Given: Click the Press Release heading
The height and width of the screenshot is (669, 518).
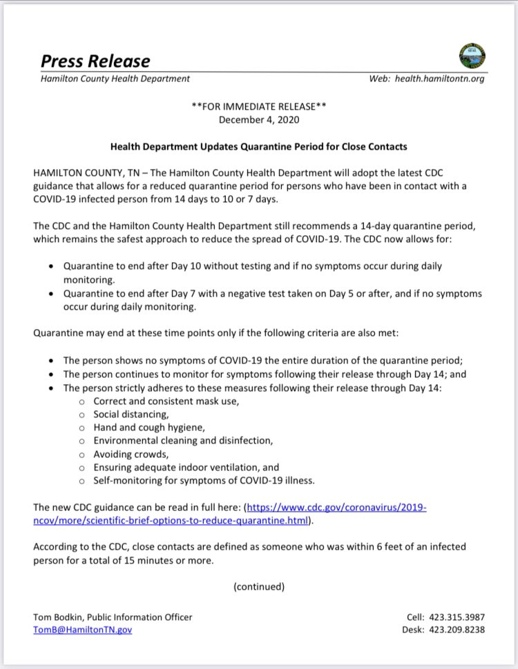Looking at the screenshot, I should click(95, 61).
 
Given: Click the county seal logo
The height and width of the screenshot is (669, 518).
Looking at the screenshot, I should click(472, 55).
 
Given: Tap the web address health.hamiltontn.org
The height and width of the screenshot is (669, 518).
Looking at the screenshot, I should click(437, 79).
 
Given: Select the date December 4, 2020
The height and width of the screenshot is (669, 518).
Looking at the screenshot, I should click(259, 119).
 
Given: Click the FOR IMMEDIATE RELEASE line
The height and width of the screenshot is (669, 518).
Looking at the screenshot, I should click(259, 107).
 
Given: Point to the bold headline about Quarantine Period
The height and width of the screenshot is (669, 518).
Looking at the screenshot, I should click(259, 146).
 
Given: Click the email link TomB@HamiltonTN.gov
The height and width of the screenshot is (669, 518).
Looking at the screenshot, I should click(82, 630).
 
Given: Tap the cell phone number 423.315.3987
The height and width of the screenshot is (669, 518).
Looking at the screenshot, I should click(458, 617).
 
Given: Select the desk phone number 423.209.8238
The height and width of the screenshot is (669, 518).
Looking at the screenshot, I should click(458, 630).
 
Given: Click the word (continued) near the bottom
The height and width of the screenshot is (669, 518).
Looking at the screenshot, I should click(259, 586).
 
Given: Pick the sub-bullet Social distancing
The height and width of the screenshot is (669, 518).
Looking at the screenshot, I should click(131, 414).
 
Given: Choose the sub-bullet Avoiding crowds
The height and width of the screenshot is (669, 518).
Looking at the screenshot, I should click(131, 454).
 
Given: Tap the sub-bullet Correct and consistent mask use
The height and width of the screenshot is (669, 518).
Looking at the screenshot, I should click(166, 401).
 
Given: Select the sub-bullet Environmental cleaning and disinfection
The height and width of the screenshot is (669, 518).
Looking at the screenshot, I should click(183, 440).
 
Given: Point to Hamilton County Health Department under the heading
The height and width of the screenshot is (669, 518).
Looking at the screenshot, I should click(115, 79).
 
